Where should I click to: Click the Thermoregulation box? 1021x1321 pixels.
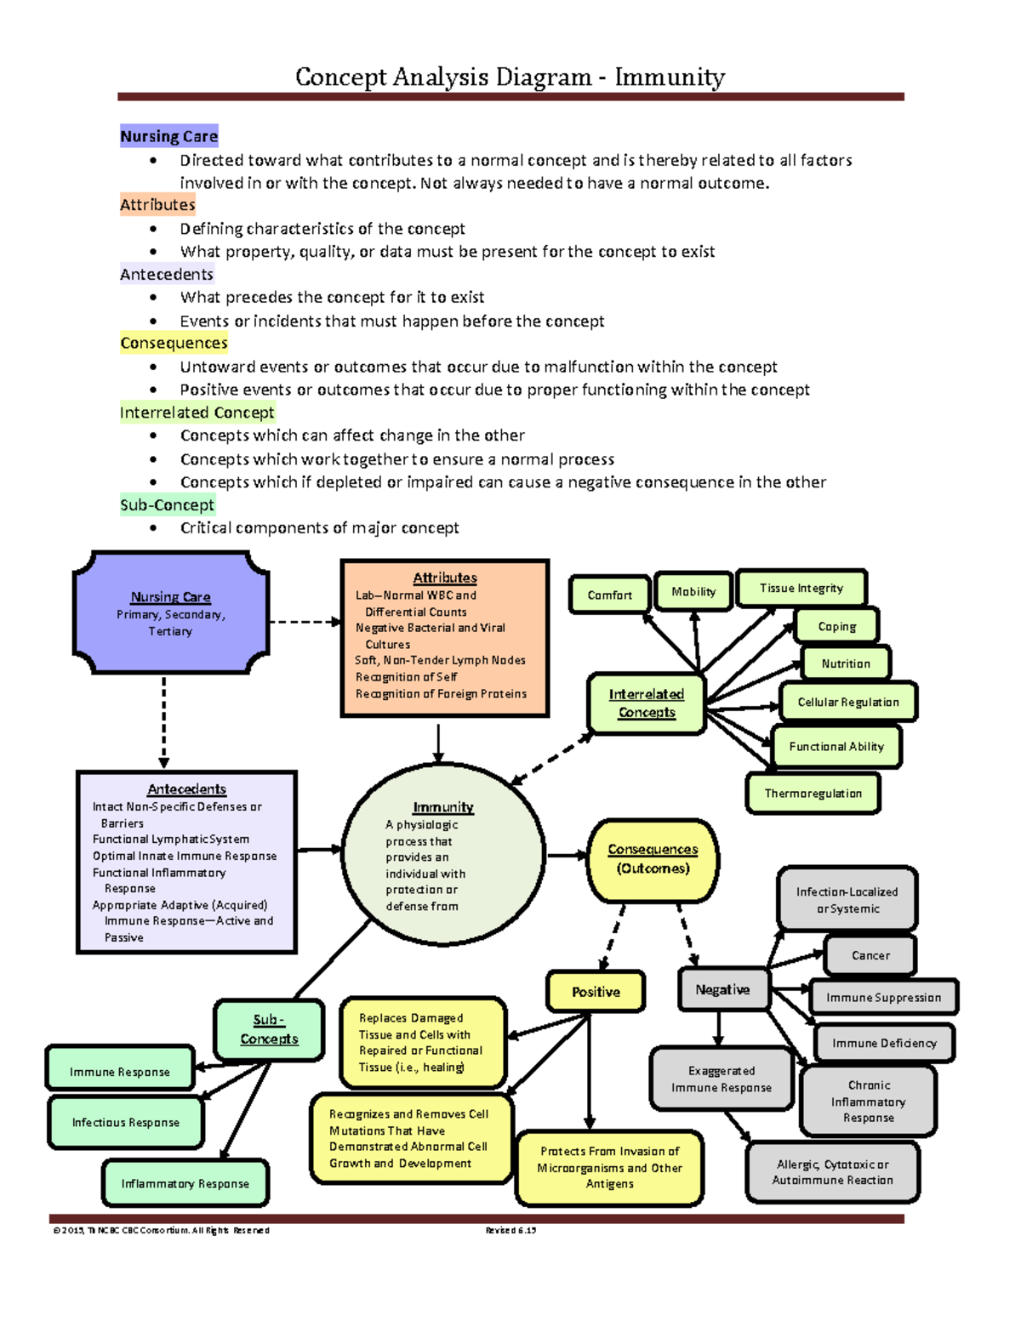pyautogui.click(x=813, y=794)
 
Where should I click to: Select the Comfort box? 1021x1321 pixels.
pyautogui.click(x=609, y=595)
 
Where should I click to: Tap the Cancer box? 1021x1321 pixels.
pyautogui.click(x=870, y=955)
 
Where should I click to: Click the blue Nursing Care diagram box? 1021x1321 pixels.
pyautogui.click(x=171, y=613)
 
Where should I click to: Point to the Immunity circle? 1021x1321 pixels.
pyautogui.click(x=442, y=855)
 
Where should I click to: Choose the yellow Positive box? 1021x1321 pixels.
pyautogui.click(x=596, y=992)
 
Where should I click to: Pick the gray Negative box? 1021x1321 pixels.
pyautogui.click(x=722, y=990)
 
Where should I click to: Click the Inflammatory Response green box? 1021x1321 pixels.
pyautogui.click(x=185, y=1183)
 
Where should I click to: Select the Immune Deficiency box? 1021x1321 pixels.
pyautogui.click(x=883, y=1043)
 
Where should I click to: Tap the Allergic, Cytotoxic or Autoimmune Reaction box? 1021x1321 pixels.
pyautogui.click(x=832, y=1172)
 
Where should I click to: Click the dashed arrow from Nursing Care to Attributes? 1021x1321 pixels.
pyautogui.click(x=305, y=622)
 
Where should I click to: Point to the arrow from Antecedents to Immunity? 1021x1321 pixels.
pyautogui.click(x=319, y=849)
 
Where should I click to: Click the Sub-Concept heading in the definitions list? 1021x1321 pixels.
pyautogui.click(x=167, y=505)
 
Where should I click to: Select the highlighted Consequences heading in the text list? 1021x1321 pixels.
pyautogui.click(x=174, y=343)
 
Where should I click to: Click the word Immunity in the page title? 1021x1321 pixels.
pyautogui.click(x=670, y=77)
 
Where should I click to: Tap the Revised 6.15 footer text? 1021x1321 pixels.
pyautogui.click(x=510, y=1230)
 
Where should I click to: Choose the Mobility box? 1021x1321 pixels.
pyautogui.click(x=693, y=592)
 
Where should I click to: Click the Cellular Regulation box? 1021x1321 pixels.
pyautogui.click(x=847, y=703)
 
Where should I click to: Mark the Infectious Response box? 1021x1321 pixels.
pyautogui.click(x=125, y=1123)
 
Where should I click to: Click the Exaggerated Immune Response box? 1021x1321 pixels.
pyautogui.click(x=721, y=1079)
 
